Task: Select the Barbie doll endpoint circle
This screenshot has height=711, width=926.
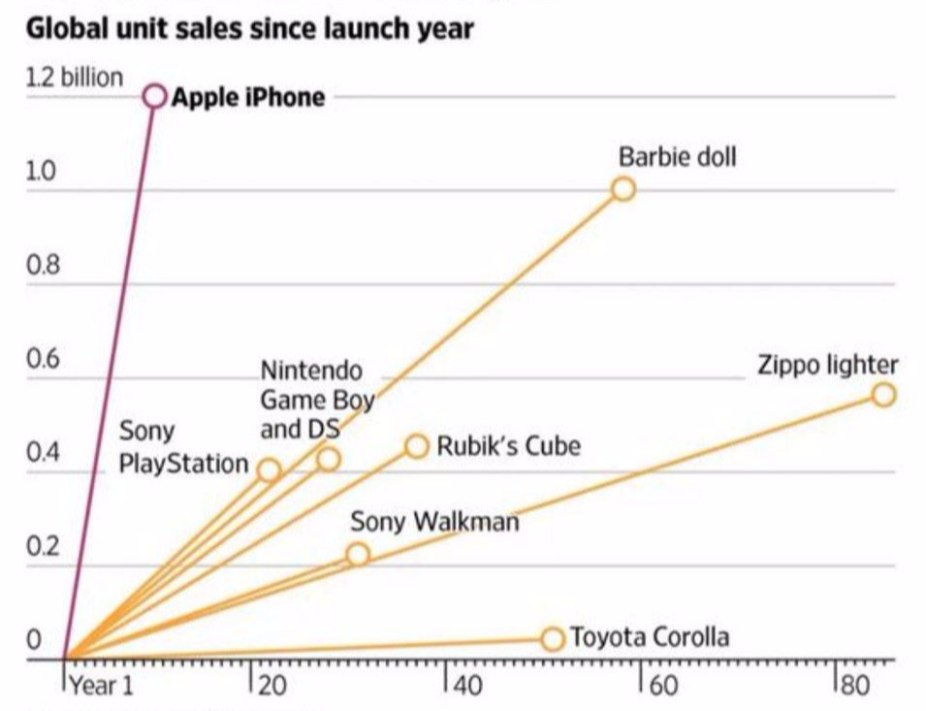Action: tap(623, 188)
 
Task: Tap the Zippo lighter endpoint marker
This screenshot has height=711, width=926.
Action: tap(883, 394)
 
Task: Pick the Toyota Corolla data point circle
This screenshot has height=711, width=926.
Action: tap(553, 638)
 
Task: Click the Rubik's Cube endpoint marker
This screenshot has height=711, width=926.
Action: tap(417, 446)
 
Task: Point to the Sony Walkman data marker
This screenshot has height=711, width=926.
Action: tap(358, 554)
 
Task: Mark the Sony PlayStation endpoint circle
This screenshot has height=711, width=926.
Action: tap(270, 470)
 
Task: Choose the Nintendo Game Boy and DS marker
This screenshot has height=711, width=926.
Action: tap(329, 459)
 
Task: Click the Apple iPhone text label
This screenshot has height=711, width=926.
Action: tap(248, 97)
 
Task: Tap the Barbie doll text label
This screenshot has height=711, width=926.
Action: tap(677, 156)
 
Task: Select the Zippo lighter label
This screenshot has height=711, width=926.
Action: tap(827, 365)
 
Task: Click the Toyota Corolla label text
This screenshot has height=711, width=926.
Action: tap(649, 637)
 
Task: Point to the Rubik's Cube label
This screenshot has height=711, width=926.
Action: tap(508, 446)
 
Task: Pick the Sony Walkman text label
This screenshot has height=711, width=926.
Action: tap(434, 521)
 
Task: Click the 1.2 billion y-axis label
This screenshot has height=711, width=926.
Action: tap(75, 78)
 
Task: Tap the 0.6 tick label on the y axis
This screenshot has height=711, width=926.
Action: tap(43, 360)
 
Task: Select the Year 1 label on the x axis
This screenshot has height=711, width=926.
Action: tap(101, 686)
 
